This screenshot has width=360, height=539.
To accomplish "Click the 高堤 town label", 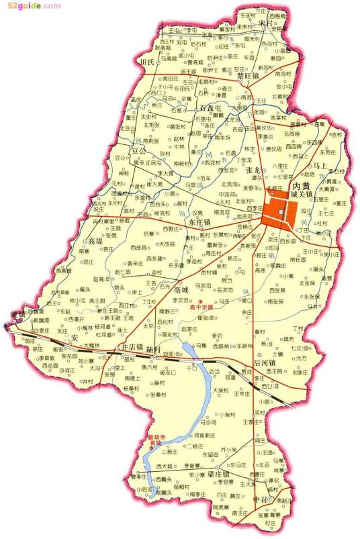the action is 95,240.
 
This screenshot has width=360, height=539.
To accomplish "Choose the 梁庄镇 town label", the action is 219,474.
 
